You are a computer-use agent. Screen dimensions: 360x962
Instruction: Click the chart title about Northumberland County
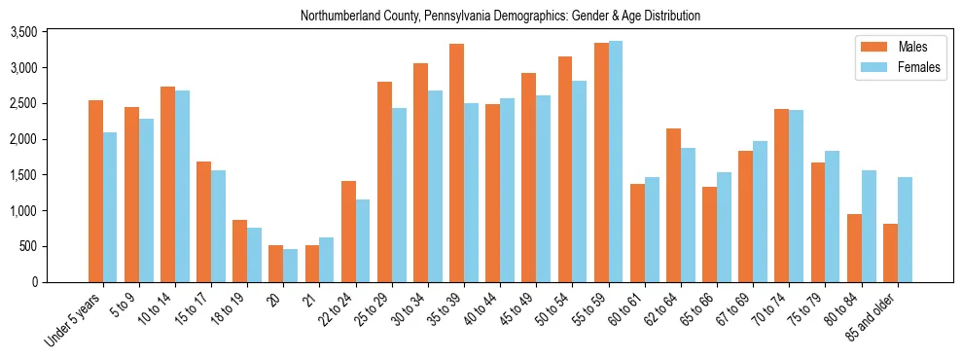[500, 17]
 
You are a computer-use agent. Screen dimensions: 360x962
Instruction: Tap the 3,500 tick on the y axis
[22, 32]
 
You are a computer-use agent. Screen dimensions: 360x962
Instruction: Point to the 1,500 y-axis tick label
[22, 175]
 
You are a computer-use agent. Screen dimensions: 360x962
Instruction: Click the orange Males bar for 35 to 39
[456, 162]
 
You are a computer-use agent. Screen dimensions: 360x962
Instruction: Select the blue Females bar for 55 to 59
[616, 162]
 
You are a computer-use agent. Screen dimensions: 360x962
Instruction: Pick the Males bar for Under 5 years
[95, 191]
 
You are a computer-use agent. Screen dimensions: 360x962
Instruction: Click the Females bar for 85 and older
[905, 230]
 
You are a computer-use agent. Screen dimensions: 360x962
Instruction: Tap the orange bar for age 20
[276, 264]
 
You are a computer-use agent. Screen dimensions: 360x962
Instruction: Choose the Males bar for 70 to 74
[746, 196]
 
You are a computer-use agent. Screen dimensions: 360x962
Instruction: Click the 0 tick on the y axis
[33, 282]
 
